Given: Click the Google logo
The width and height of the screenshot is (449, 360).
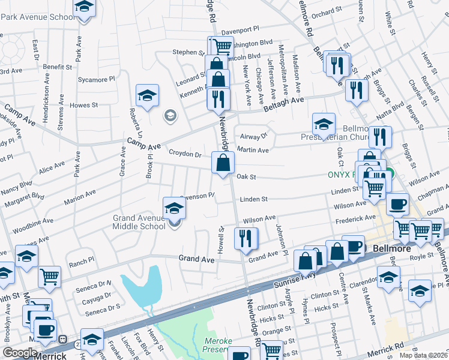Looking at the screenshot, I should (x=20, y=353).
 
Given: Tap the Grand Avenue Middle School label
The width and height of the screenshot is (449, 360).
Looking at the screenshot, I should (x=139, y=222).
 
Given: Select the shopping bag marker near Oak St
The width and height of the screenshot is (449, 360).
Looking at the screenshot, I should (x=223, y=163).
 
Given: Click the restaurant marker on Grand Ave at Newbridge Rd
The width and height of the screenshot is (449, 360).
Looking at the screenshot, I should (x=246, y=239).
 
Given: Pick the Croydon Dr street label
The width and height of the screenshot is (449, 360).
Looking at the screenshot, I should (x=185, y=154).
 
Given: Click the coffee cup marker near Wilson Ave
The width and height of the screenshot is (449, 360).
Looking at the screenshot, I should (x=397, y=204).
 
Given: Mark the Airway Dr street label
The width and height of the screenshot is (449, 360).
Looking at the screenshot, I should (x=253, y=136).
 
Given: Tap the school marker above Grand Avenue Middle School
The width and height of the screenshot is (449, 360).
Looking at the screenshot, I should (x=174, y=208).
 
